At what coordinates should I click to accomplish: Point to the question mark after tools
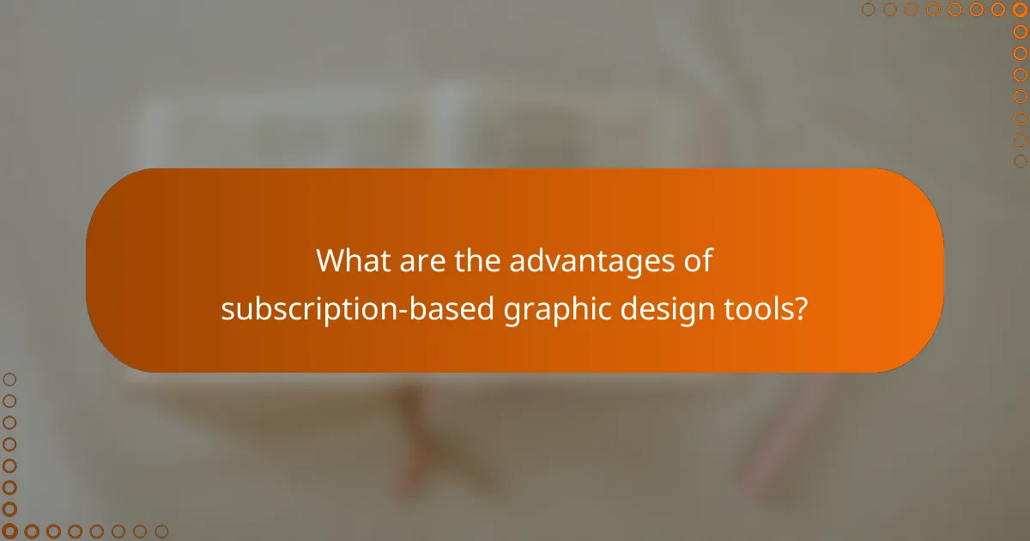pyautogui.click(x=801, y=308)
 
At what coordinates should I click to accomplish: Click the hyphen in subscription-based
pyautogui.click(x=415, y=310)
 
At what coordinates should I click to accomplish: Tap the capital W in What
pyautogui.click(x=331, y=261)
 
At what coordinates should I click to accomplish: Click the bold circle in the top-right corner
pyautogui.click(x=1020, y=9)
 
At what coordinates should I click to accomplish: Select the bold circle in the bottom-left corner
pyautogui.click(x=9, y=532)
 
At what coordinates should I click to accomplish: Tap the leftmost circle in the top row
pyautogui.click(x=868, y=9)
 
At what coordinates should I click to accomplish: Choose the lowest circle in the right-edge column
pyautogui.click(x=1020, y=161)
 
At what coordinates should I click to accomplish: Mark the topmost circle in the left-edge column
pyautogui.click(x=9, y=379)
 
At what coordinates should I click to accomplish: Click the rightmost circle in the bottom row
pyautogui.click(x=161, y=532)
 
